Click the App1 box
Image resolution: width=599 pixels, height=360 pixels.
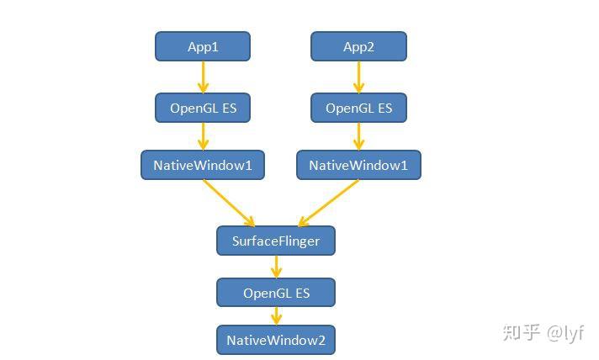tap(203, 46)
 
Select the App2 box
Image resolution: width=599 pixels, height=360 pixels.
tap(358, 46)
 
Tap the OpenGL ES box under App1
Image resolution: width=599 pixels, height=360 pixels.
tap(203, 108)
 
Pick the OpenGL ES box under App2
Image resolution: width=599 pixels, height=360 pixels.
tap(358, 108)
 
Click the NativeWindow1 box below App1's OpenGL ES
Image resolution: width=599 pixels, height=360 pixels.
tap(203, 165)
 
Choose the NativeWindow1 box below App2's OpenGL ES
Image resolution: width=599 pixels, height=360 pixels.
tap(358, 165)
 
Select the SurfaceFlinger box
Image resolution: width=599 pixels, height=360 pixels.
tap(276, 241)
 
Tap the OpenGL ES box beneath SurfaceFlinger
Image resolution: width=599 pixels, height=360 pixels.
tap(276, 293)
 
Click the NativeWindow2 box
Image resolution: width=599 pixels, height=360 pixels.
tap(276, 340)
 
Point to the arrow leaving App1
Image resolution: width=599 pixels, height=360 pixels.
tap(203, 77)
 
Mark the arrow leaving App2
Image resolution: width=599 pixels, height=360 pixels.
tap(358, 77)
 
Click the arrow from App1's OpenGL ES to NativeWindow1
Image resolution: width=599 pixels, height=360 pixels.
tap(203, 136)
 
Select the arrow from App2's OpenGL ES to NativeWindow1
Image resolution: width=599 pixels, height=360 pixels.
tap(358, 136)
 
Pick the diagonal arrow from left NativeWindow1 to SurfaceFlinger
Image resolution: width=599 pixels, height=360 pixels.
tap(228, 203)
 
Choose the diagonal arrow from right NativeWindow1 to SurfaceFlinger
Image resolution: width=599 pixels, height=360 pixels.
tap(328, 203)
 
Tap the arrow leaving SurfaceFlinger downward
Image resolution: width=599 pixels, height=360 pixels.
tap(276, 267)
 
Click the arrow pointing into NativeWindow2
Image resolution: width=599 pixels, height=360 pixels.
tap(276, 316)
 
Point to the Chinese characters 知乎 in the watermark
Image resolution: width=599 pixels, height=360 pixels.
tap(521, 333)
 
